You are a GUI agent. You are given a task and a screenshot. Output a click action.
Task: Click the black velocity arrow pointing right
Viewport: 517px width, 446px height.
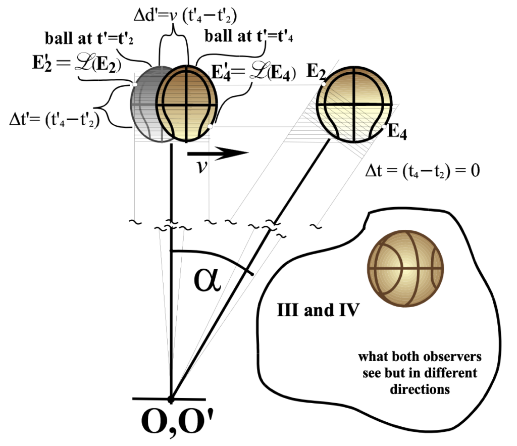218,152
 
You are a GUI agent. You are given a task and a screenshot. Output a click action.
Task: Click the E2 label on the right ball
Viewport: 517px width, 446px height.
317,73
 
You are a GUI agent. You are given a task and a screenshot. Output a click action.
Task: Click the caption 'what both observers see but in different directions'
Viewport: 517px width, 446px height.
420,373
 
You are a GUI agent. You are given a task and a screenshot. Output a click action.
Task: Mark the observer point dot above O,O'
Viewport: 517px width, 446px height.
171,400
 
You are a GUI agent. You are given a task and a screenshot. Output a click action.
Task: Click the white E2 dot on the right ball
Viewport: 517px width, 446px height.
323,84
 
